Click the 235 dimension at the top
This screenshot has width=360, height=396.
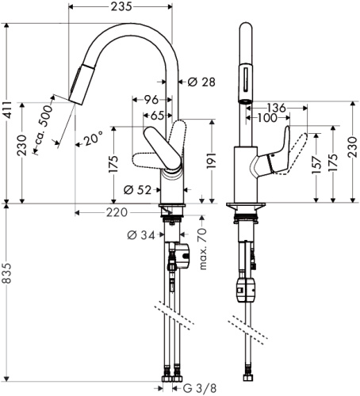(x=121, y=7)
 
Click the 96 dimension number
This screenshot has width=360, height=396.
(x=151, y=101)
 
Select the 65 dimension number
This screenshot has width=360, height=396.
(x=157, y=116)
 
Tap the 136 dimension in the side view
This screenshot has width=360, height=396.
(x=275, y=108)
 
